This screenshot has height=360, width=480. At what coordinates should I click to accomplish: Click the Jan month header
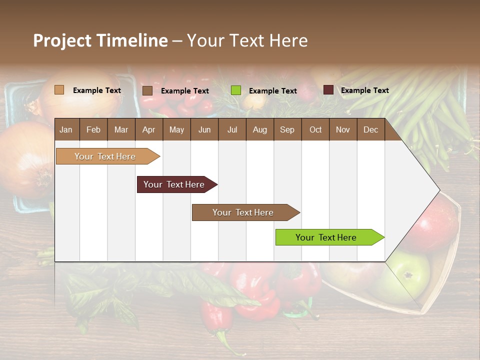[x=66, y=129]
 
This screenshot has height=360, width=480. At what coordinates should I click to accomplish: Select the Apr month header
[x=148, y=129]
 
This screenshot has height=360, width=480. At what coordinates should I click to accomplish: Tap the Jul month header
[x=232, y=129]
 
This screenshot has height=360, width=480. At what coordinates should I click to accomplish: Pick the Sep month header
[x=287, y=129]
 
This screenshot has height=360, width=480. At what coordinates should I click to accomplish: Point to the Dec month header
[x=370, y=129]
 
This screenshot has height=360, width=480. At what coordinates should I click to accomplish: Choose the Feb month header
[x=93, y=129]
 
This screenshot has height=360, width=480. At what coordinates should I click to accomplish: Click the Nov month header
[x=342, y=129]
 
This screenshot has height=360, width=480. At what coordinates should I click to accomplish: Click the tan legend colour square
[x=59, y=90]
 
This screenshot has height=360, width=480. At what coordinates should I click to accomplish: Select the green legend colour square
[x=236, y=90]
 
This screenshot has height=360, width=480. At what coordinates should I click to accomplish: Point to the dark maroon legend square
[x=328, y=90]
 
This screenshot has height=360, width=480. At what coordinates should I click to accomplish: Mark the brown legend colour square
[x=147, y=90]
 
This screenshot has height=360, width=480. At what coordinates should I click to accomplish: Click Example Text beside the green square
[x=272, y=91]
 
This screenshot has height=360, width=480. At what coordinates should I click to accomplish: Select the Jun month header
[x=204, y=129]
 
